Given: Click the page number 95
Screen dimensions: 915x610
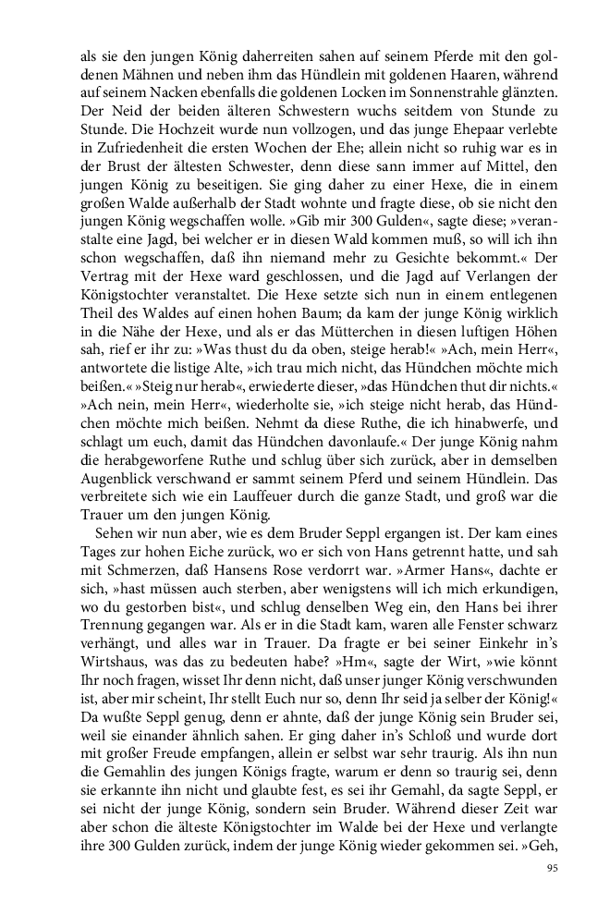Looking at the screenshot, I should (553, 868).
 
